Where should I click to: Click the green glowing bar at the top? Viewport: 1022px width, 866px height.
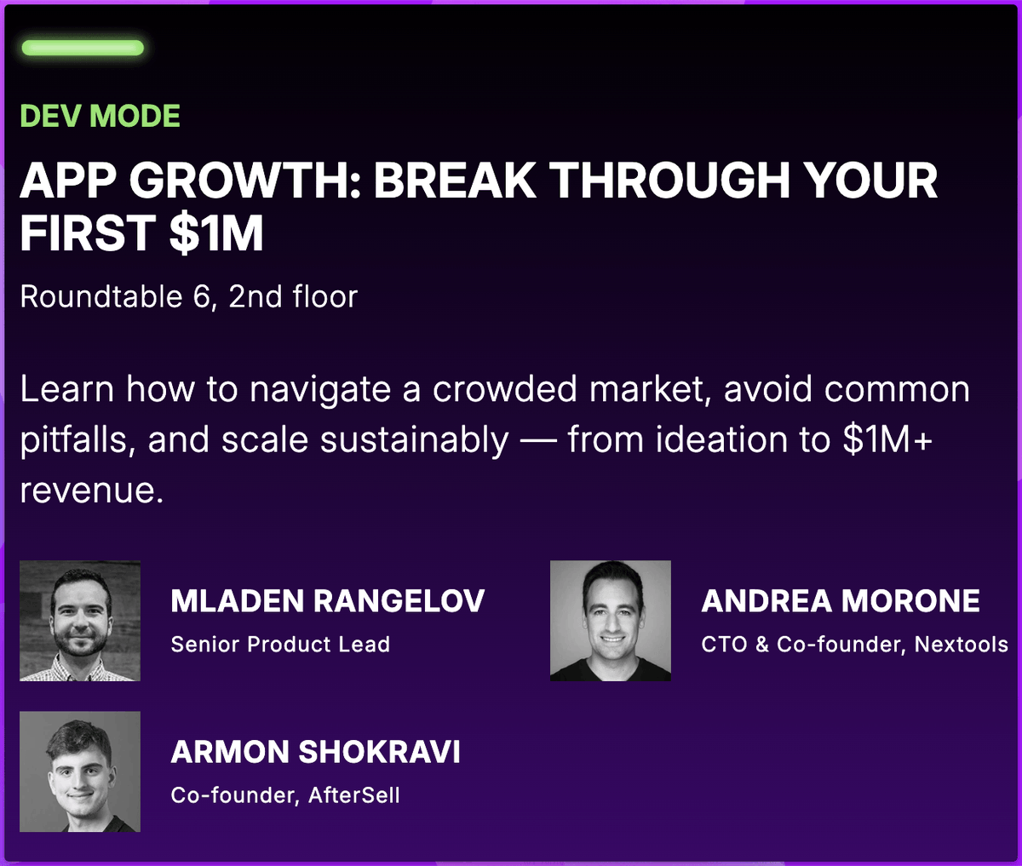(x=83, y=48)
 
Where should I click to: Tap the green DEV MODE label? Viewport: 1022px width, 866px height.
(x=100, y=116)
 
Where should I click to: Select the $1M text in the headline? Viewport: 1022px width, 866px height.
(x=216, y=233)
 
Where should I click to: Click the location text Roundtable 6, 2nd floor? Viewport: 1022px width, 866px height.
(x=188, y=296)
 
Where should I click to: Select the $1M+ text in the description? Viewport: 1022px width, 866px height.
(x=887, y=439)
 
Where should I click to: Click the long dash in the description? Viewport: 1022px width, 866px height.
(x=537, y=441)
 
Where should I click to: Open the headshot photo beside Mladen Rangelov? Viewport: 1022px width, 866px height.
(x=80, y=621)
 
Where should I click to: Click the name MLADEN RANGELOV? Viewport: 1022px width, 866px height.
(x=327, y=601)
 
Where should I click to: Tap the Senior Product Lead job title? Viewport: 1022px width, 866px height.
(x=280, y=645)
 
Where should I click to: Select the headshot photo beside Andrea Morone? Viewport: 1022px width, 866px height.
(x=611, y=621)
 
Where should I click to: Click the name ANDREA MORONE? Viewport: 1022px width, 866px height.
(x=840, y=601)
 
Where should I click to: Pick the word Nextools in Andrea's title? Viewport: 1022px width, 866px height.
(x=961, y=645)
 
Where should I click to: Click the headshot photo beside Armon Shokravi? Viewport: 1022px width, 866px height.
(x=80, y=771)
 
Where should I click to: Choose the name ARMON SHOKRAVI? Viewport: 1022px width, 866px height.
(x=315, y=752)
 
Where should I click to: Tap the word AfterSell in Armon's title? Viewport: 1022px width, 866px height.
(x=353, y=795)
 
